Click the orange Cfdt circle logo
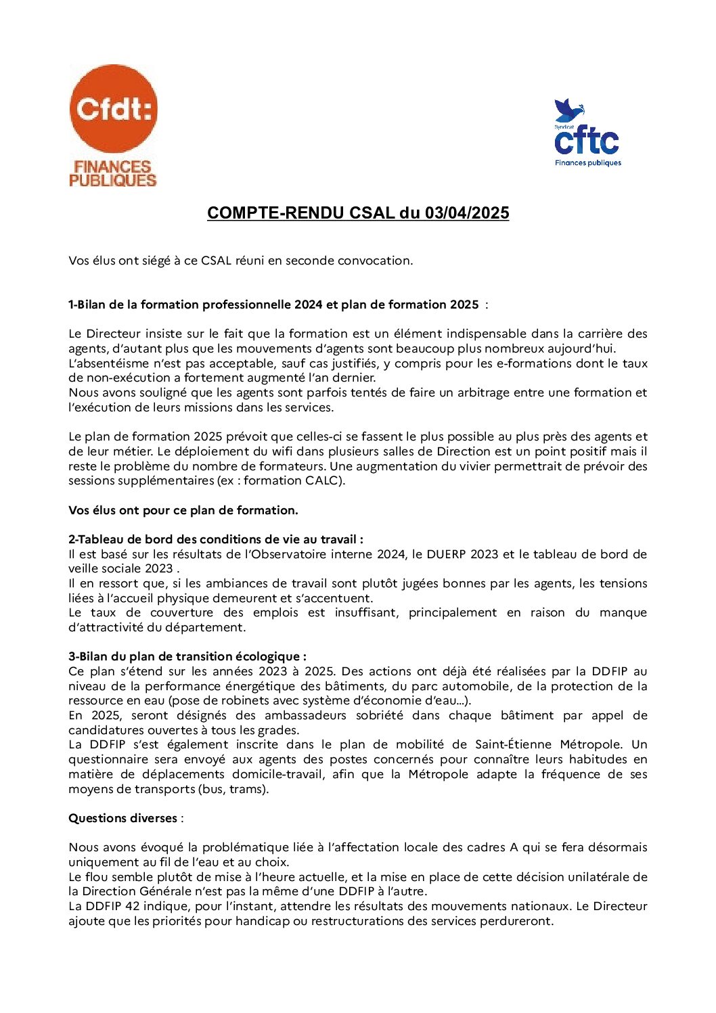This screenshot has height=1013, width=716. (x=113, y=108)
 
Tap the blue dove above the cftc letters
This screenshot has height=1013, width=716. (x=568, y=110)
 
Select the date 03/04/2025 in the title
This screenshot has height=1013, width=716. (x=467, y=213)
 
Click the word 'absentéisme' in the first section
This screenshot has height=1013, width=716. (x=107, y=363)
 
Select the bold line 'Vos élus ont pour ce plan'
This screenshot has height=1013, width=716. (x=183, y=510)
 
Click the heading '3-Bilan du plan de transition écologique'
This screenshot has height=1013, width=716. (x=187, y=656)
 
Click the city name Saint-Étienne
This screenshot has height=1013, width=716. (x=513, y=745)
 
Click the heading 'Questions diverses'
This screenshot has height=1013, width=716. (x=122, y=818)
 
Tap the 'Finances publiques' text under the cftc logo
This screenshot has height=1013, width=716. (x=587, y=163)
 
